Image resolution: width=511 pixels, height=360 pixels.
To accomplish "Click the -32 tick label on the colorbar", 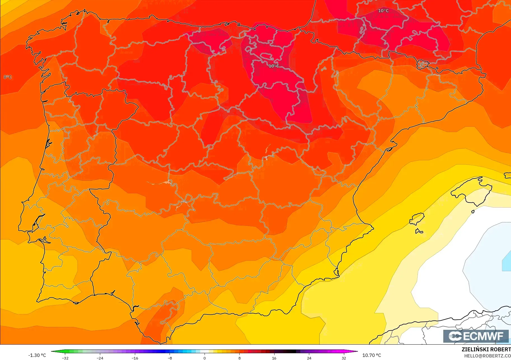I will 65,358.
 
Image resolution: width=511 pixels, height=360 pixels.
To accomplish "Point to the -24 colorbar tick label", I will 100,358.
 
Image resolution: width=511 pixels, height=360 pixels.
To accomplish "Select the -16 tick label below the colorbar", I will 135,358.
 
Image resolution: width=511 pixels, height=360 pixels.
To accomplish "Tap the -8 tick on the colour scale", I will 170,358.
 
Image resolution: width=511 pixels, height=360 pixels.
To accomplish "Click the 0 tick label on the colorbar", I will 205,358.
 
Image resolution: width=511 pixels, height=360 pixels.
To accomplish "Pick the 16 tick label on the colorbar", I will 274,358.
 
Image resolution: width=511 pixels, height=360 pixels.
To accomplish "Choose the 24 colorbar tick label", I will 309,358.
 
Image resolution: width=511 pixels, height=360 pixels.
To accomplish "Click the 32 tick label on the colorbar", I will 344,358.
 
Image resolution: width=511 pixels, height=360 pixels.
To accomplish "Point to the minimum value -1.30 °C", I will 37,355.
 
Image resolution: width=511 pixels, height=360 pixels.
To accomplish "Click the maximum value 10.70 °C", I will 372,355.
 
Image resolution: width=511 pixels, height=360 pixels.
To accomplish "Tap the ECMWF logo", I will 476,336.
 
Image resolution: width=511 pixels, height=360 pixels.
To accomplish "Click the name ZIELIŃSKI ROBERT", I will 486,349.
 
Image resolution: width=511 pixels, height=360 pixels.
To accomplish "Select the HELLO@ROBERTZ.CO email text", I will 487,356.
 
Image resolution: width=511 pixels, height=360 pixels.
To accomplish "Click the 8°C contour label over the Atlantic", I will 8,77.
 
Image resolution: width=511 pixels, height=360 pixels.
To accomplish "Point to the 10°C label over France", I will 383,11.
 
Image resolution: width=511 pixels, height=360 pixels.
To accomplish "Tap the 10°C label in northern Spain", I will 274,66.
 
